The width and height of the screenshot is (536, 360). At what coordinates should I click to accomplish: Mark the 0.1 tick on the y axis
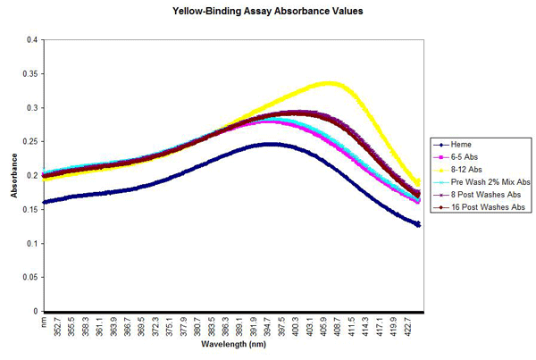point(31,244)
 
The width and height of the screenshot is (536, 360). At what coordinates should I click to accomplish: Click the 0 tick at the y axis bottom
point(35,312)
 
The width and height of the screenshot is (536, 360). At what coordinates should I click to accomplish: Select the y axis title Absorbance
point(13,176)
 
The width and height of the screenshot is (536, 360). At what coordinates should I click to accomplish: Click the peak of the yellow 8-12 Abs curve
point(329,83)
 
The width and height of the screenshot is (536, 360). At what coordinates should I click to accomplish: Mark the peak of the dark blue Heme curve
point(273,144)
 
